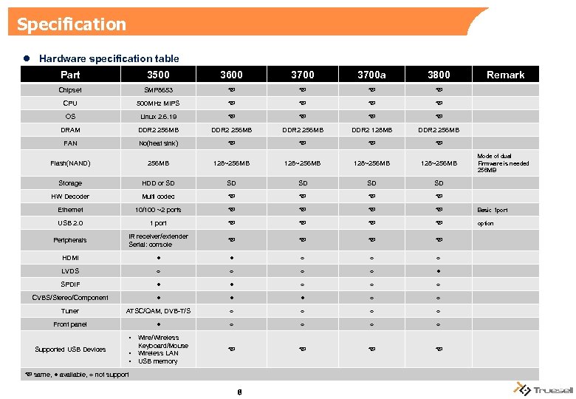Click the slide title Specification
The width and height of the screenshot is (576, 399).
click(x=72, y=24)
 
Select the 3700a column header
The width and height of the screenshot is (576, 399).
click(x=371, y=75)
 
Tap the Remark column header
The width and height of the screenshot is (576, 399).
click(x=505, y=75)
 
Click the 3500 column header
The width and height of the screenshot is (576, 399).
click(x=157, y=75)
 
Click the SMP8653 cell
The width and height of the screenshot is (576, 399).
click(x=157, y=90)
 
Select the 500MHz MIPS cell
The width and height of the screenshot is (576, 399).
click(x=157, y=103)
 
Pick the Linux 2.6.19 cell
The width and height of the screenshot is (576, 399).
click(x=157, y=117)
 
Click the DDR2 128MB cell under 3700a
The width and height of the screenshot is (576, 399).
click(x=371, y=130)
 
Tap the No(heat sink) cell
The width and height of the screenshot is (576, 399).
click(x=157, y=143)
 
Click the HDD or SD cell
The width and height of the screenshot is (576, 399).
click(x=157, y=183)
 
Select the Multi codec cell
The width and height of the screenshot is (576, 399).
click(x=157, y=197)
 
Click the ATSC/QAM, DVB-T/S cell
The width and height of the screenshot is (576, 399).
click(x=157, y=311)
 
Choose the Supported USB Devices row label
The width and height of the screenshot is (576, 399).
click(x=70, y=349)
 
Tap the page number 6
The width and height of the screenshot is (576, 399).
click(x=240, y=392)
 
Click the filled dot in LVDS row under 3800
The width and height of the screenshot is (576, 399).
click(x=439, y=271)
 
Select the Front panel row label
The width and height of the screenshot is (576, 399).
click(x=70, y=324)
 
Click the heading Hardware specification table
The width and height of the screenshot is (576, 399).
click(x=109, y=58)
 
